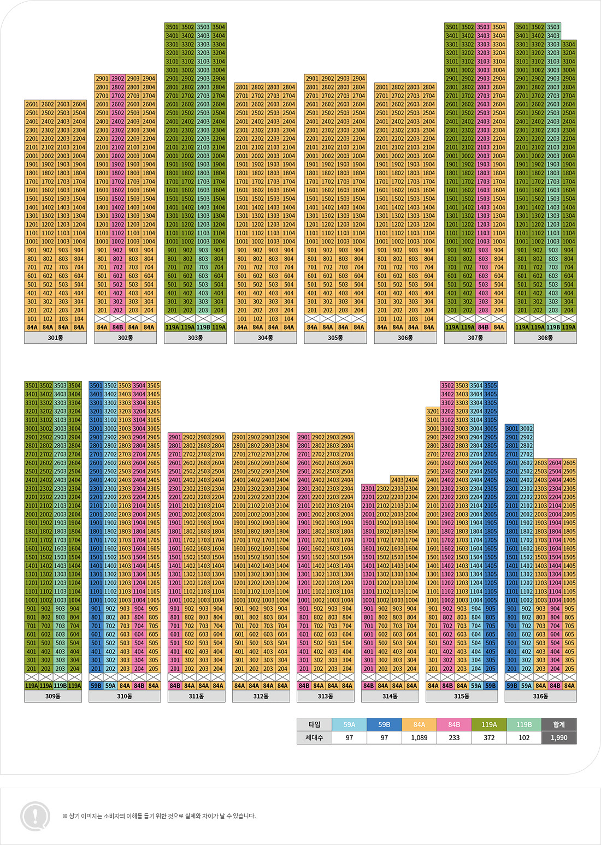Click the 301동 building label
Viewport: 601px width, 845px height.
click(x=55, y=338)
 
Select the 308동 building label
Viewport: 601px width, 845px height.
click(x=545, y=338)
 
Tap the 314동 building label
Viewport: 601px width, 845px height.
click(x=390, y=696)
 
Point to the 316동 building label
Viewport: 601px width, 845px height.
click(x=540, y=696)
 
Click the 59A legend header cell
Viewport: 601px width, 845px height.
click(x=349, y=724)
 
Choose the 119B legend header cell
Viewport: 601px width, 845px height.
click(x=524, y=724)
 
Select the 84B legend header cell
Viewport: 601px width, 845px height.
click(x=454, y=724)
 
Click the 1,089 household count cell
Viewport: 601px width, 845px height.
click(x=419, y=737)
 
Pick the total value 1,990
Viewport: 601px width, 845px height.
click(x=559, y=737)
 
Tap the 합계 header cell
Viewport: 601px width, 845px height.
click(x=559, y=724)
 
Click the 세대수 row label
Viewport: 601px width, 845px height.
click(x=314, y=737)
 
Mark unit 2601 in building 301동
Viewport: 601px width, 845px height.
click(x=32, y=104)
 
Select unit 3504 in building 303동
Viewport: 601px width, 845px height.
click(x=219, y=27)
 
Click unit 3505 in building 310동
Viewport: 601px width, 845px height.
click(x=154, y=385)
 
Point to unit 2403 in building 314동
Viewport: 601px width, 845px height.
click(x=397, y=480)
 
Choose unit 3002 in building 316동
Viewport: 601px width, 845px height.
click(x=526, y=429)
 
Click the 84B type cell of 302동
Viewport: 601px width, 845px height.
click(x=117, y=328)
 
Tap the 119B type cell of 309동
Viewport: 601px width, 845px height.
click(x=60, y=686)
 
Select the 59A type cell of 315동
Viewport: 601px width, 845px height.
click(x=476, y=686)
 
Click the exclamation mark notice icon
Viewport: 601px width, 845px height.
click(x=35, y=816)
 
